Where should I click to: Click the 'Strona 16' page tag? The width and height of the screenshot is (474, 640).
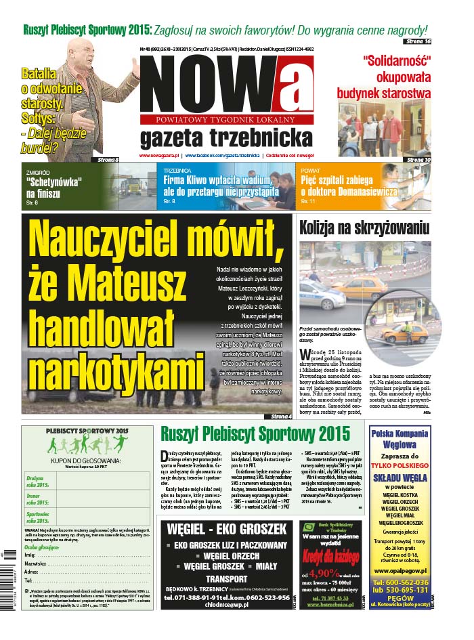pos(417,42)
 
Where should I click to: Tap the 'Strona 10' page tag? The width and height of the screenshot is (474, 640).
pos(418,160)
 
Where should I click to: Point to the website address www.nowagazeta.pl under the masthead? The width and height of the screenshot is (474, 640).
pos(160,155)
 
